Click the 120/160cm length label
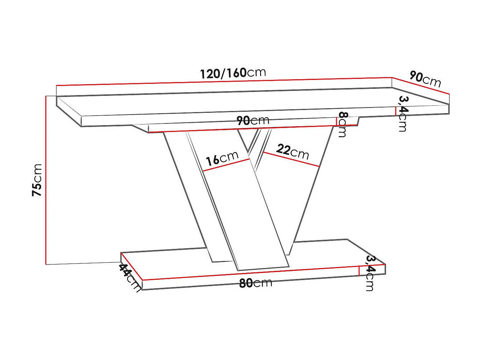(x=233, y=73)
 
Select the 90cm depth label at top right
(x=425, y=79)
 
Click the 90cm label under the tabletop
(x=253, y=120)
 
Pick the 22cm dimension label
(x=292, y=151)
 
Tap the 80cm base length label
(x=256, y=283)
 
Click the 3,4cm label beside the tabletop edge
(x=403, y=113)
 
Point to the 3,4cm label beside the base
(x=369, y=273)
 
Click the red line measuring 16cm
(x=227, y=165)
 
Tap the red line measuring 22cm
(x=291, y=159)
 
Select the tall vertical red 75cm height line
(x=46, y=180)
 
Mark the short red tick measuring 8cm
(x=336, y=121)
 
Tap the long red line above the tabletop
(x=224, y=81)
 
